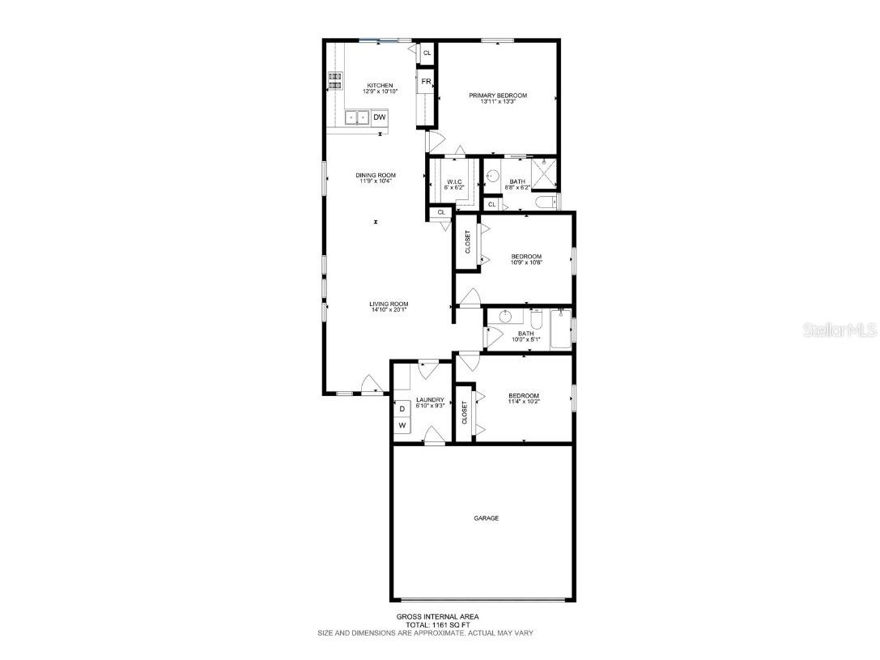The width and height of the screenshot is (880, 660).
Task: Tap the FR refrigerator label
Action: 426,82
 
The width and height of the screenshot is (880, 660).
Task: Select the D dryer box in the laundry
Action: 402,409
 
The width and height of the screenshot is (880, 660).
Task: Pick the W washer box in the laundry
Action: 402,425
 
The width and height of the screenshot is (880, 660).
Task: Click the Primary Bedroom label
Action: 498,96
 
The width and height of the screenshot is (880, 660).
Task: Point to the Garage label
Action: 486,518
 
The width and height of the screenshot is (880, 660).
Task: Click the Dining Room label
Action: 376,175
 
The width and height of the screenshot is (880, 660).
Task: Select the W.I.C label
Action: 454,181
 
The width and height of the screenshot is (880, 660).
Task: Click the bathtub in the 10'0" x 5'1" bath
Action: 560,330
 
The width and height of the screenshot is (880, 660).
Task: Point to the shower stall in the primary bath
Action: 546,174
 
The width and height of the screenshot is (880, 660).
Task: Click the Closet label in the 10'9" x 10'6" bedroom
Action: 467,241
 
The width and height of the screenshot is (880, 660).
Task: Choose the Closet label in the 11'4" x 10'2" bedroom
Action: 464,413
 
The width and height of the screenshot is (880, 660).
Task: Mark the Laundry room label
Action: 430,399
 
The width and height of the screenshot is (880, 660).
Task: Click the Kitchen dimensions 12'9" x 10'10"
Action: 380,92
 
